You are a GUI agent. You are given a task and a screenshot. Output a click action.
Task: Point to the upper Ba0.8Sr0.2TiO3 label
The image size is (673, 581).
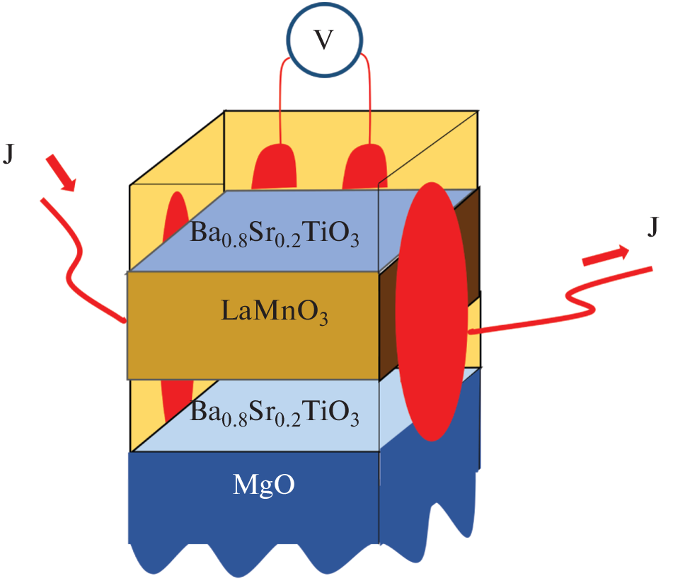[275, 234]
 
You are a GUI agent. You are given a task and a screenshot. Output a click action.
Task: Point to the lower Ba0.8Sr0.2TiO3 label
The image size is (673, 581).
[275, 412]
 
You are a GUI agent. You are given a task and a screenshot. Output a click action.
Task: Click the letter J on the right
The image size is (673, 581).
[655, 228]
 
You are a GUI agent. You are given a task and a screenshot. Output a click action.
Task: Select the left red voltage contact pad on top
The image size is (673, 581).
[273, 169]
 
